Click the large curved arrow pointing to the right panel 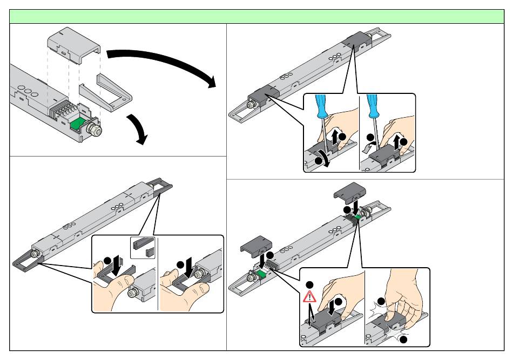point(162,64)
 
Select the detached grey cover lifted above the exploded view point(73,44)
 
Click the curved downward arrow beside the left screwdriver point(322,158)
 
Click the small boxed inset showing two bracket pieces point(143,247)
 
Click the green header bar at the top point(256,16)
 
